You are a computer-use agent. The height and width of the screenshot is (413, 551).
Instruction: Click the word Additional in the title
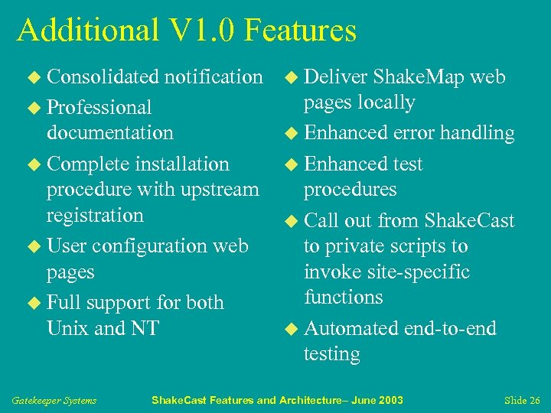pos(86,30)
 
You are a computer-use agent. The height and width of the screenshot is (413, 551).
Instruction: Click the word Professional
pos(99,107)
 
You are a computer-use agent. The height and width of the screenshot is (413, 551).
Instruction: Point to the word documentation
pos(109,132)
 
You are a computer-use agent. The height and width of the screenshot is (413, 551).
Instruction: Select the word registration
pos(95,215)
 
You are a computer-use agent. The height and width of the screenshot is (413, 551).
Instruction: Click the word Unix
pos(67,328)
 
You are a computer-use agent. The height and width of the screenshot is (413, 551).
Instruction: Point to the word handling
pos(474,132)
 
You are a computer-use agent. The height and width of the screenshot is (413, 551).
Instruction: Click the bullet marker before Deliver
pos(292,77)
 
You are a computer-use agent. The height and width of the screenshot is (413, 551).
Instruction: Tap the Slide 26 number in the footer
pos(523,400)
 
